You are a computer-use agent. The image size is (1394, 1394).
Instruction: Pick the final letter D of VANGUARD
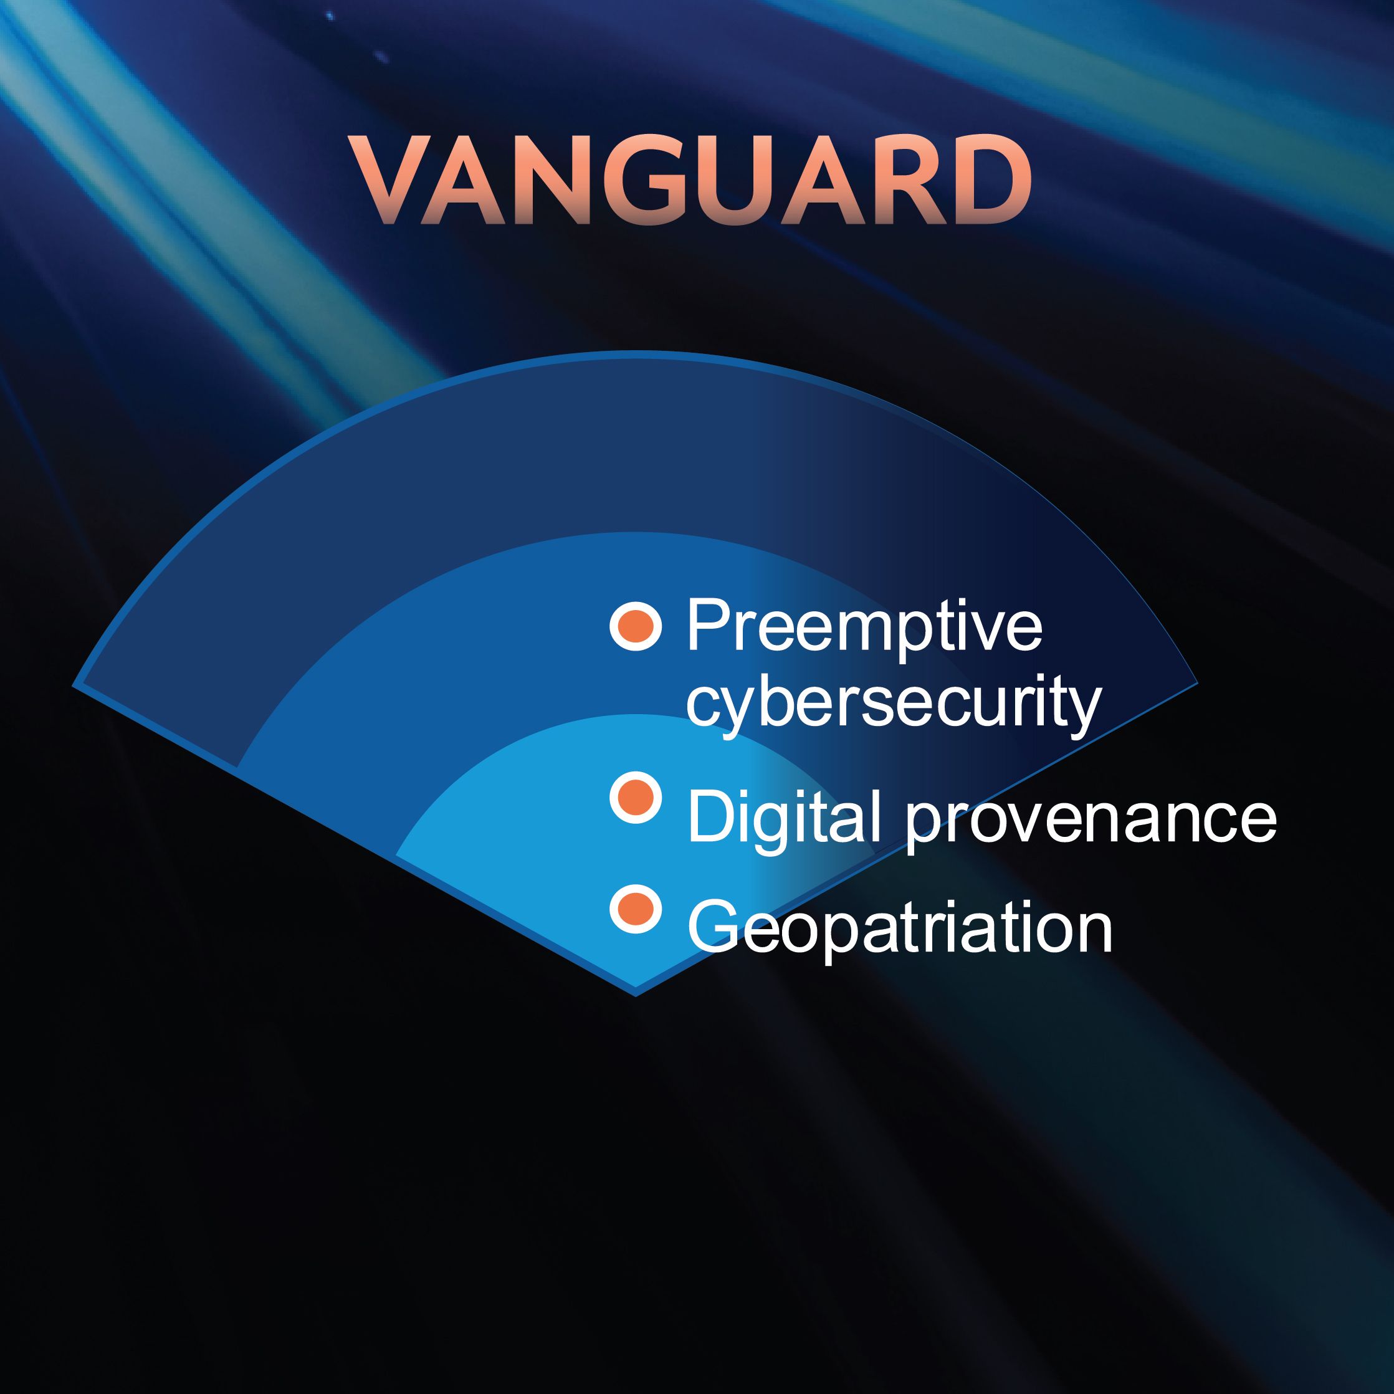click(x=988, y=180)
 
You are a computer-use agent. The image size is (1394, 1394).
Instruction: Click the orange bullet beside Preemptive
click(x=636, y=625)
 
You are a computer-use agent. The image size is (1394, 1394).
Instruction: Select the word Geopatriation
click(x=900, y=929)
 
